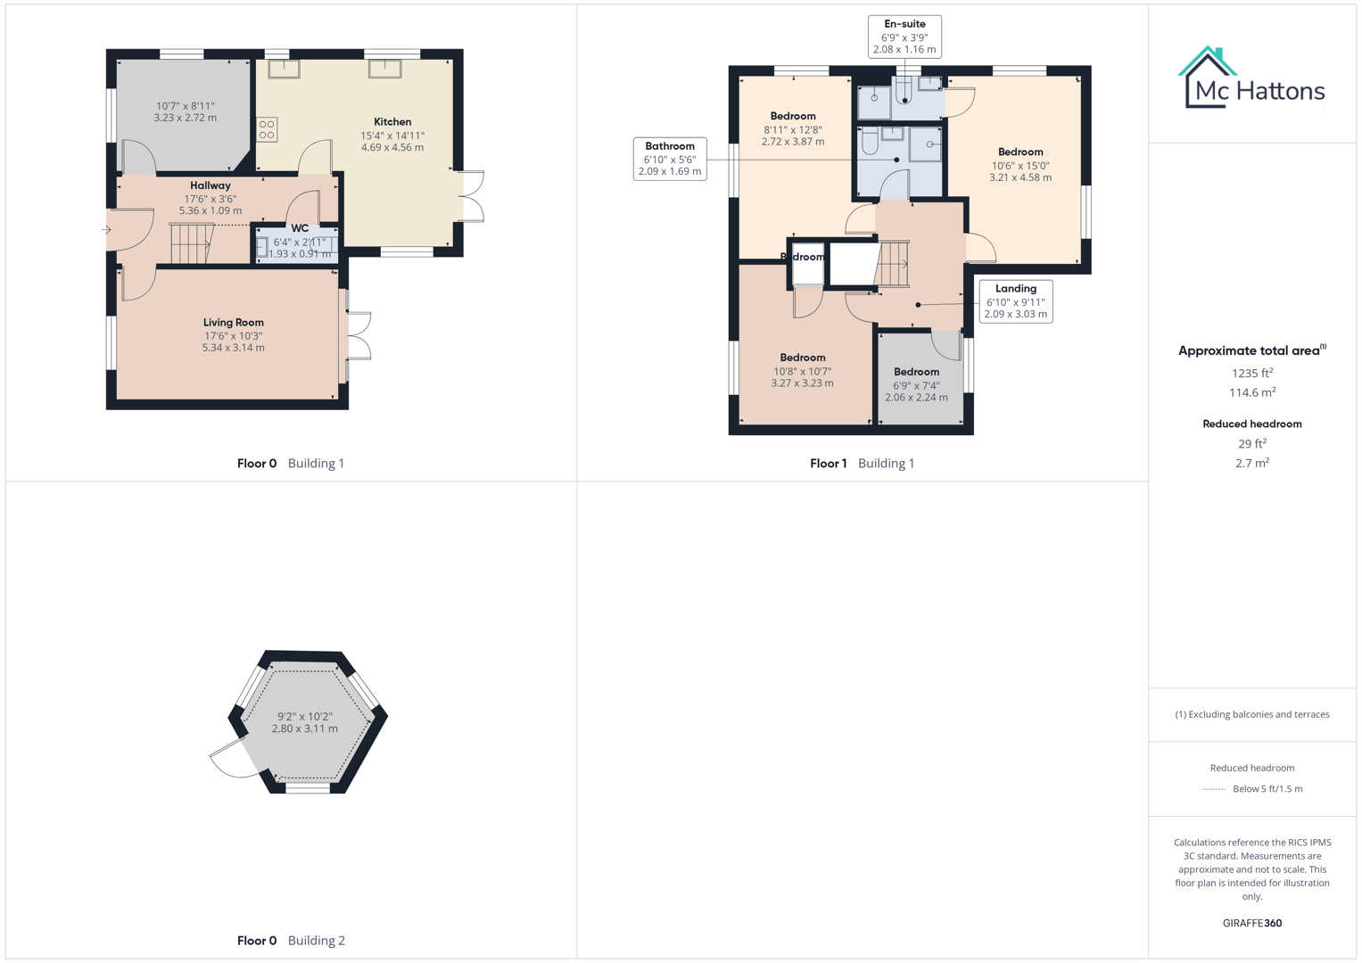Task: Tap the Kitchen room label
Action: click(x=392, y=122)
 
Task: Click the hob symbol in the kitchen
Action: click(x=267, y=130)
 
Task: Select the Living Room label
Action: click(x=233, y=323)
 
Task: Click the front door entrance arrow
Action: click(x=107, y=230)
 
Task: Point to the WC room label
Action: click(x=300, y=228)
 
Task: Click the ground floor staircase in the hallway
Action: click(x=191, y=243)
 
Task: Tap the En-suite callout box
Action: click(x=904, y=37)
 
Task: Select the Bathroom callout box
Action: click(x=670, y=159)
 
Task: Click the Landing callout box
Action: click(x=1016, y=301)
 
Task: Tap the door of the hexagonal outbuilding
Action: click(x=228, y=758)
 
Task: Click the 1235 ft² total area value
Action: click(x=1252, y=374)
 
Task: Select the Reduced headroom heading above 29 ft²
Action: click(x=1252, y=424)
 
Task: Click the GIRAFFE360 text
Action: click(x=1252, y=923)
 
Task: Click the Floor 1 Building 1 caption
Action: click(x=862, y=464)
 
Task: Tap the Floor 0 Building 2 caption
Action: click(x=291, y=941)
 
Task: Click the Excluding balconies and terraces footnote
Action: click(x=1252, y=714)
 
